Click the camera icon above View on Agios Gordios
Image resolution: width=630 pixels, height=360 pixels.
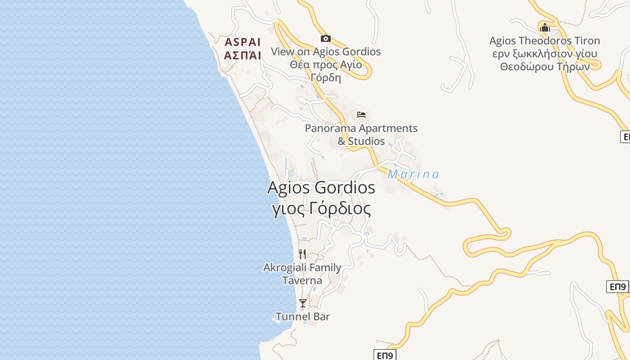click(325, 39)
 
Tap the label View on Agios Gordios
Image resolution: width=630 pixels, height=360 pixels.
click(325, 52)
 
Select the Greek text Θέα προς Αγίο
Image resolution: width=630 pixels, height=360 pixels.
click(325, 64)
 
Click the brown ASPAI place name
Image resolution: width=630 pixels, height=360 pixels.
click(243, 42)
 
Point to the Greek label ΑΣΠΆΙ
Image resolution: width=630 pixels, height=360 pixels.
click(243, 56)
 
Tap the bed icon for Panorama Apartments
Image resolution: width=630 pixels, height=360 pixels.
click(361, 115)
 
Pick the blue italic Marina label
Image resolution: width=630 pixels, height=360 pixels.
click(413, 174)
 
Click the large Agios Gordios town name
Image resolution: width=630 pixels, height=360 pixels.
click(321, 187)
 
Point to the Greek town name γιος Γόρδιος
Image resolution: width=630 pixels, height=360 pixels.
click(322, 209)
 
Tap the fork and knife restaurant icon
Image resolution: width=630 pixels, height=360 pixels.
click(302, 254)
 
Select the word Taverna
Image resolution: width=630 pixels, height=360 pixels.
click(302, 281)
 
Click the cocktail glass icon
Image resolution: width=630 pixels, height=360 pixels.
click(303, 303)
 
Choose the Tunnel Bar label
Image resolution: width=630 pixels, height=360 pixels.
click(303, 316)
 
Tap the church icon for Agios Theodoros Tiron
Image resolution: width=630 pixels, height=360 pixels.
click(544, 27)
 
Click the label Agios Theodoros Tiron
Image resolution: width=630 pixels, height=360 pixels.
click(544, 41)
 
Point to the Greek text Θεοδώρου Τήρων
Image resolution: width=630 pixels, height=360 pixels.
click(544, 67)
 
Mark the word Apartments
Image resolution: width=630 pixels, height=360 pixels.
click(388, 128)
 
